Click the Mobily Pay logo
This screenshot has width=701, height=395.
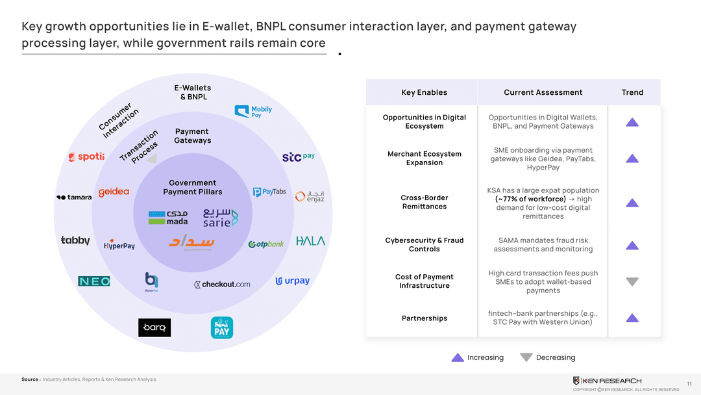[x=252, y=112]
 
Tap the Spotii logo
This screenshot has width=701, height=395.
[x=86, y=157]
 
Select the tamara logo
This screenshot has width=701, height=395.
[x=73, y=197]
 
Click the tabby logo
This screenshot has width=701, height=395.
[x=75, y=240]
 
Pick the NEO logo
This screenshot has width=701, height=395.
[x=94, y=281]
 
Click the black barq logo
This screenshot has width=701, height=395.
[x=154, y=328]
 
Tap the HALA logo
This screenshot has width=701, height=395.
[x=311, y=241]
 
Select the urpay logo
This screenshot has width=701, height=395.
[x=293, y=281]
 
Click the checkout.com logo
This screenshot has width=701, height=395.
[x=222, y=285]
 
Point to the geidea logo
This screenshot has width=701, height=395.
[x=114, y=192]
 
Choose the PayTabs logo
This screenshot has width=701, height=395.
[x=269, y=192]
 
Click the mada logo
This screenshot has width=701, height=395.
[x=168, y=218]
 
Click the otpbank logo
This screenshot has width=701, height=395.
[x=266, y=244]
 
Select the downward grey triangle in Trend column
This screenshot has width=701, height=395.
[x=632, y=282]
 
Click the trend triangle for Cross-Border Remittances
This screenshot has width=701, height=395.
[x=632, y=203]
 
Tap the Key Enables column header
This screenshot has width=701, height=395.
[x=424, y=92]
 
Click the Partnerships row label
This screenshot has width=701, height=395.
[x=424, y=318]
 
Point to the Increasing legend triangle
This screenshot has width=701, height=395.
[x=458, y=357]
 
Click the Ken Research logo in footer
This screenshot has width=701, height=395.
[x=607, y=381]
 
